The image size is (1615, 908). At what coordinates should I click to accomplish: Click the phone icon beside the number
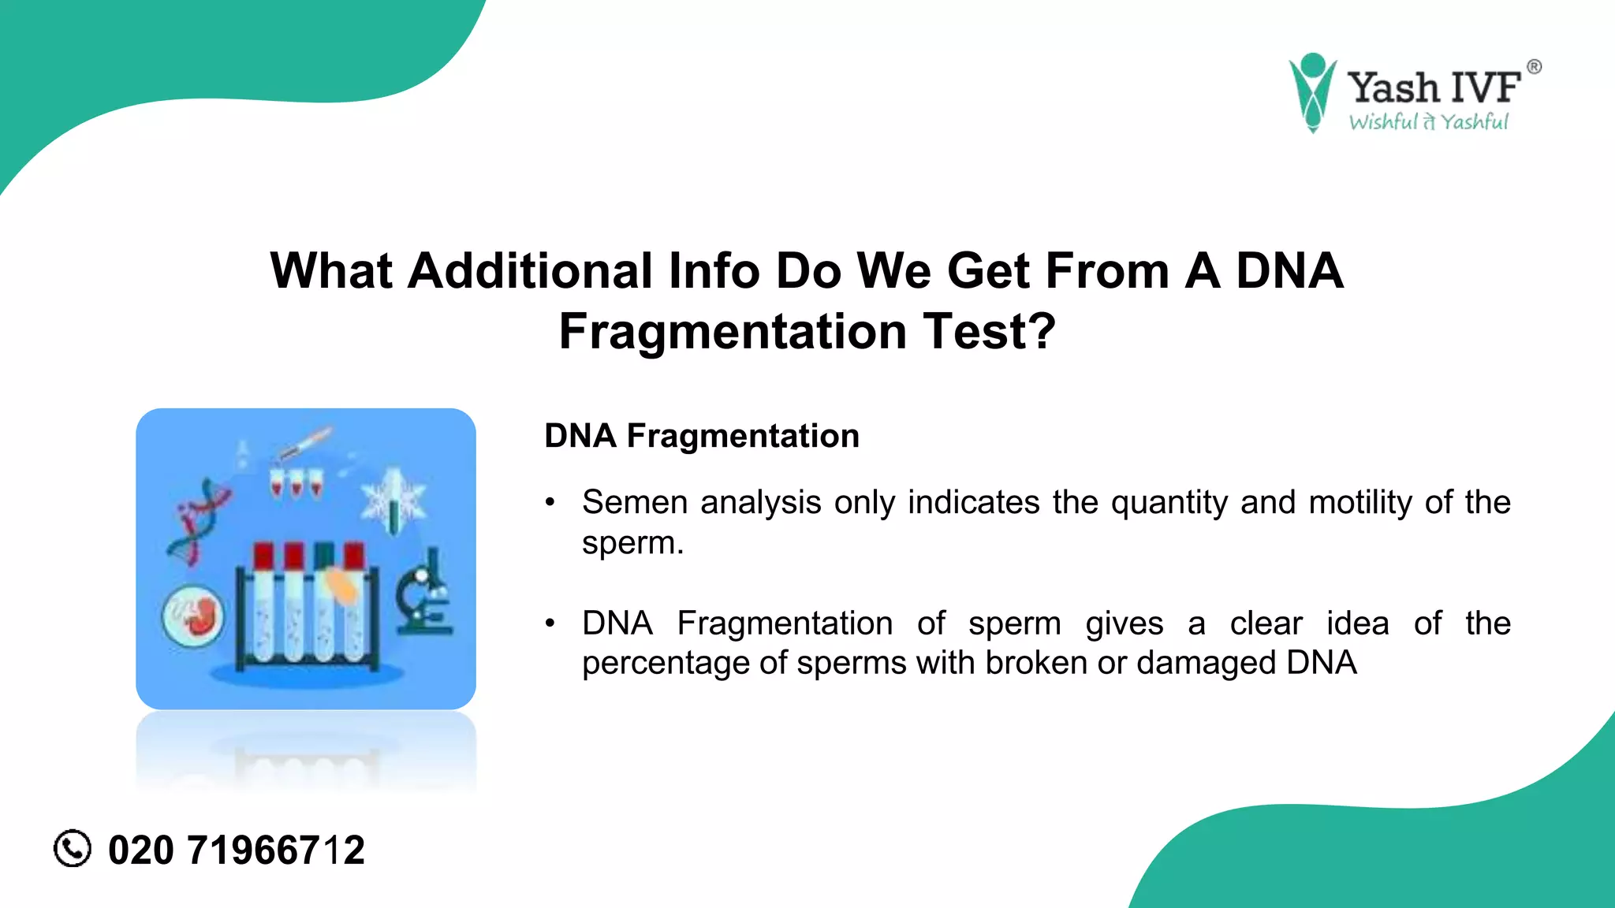point(73,849)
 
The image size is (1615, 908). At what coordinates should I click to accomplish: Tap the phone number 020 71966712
point(236,850)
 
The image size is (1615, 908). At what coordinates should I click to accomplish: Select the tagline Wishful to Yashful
point(1428,122)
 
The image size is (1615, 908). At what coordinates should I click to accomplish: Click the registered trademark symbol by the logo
point(1534,67)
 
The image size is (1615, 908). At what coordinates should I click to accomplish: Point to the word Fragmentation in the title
point(733,332)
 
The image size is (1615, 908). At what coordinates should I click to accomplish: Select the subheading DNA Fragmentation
point(701,436)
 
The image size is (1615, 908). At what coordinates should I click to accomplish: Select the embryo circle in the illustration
point(193,617)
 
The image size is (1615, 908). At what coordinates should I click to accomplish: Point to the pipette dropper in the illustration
point(306,443)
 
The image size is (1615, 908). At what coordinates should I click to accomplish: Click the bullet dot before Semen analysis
point(550,502)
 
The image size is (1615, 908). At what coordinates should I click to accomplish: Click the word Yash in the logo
point(1393,87)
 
